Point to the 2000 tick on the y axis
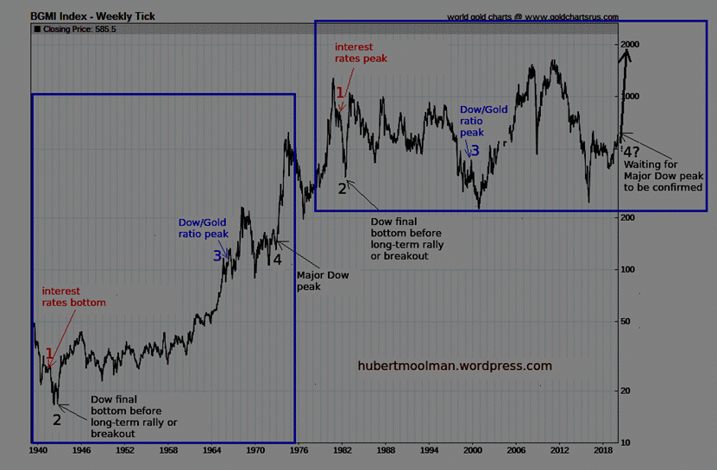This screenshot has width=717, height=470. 631,44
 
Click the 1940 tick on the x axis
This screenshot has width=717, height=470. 38,450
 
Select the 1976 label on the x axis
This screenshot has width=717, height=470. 299,450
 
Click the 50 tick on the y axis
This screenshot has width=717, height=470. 627,322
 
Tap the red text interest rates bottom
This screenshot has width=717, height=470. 74,297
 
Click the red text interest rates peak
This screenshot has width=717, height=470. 361,52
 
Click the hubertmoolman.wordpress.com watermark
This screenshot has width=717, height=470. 455,366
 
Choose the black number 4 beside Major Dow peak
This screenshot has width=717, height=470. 278,259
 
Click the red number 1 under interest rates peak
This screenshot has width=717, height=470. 341,92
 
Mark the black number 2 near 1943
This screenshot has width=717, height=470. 57,420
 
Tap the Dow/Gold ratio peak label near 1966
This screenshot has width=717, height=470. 203,227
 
